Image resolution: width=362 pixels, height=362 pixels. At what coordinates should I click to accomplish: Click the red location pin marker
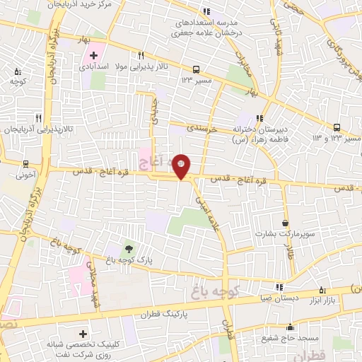click(x=182, y=165)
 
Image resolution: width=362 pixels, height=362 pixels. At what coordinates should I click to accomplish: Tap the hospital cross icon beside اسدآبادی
click(x=93, y=55)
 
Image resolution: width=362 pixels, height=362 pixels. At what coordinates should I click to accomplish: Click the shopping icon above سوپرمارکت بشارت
click(x=285, y=221)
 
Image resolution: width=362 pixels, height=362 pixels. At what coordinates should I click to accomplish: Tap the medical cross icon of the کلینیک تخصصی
click(x=83, y=333)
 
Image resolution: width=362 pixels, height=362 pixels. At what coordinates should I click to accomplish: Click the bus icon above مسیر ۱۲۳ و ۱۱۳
click(x=337, y=127)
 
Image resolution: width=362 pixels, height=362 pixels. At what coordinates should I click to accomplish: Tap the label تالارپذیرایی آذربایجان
click(x=33, y=130)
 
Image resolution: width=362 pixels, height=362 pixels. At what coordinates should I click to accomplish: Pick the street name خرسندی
click(x=205, y=131)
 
